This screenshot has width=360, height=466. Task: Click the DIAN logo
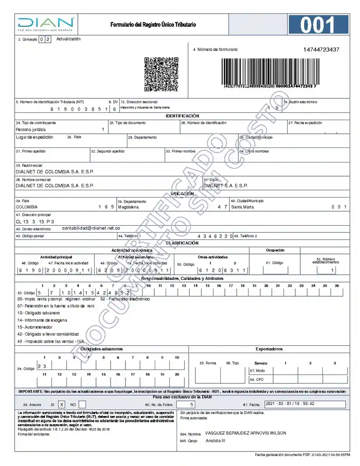coord(46,24)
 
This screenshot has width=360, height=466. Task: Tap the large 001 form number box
coord(318,25)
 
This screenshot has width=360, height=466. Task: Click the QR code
coord(161,74)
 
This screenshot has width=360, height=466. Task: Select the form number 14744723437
coord(321,50)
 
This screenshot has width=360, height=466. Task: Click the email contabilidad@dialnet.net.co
coord(91,228)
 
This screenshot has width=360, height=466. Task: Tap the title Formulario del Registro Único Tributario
coord(153,25)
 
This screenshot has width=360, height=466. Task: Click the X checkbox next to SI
coord(62,404)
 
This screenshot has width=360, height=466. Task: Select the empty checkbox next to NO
coord(82,404)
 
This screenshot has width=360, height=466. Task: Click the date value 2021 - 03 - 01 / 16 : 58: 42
coord(290,404)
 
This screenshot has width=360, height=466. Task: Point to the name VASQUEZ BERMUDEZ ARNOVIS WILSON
coord(246,433)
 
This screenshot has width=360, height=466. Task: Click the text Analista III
coord(215,441)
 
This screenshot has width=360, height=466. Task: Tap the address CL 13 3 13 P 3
coord(35,221)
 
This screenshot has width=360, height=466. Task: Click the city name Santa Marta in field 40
coord(243,207)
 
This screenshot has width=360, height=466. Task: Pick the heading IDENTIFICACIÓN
coord(182,116)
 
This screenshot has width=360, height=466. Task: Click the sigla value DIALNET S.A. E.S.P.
coord(226,186)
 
